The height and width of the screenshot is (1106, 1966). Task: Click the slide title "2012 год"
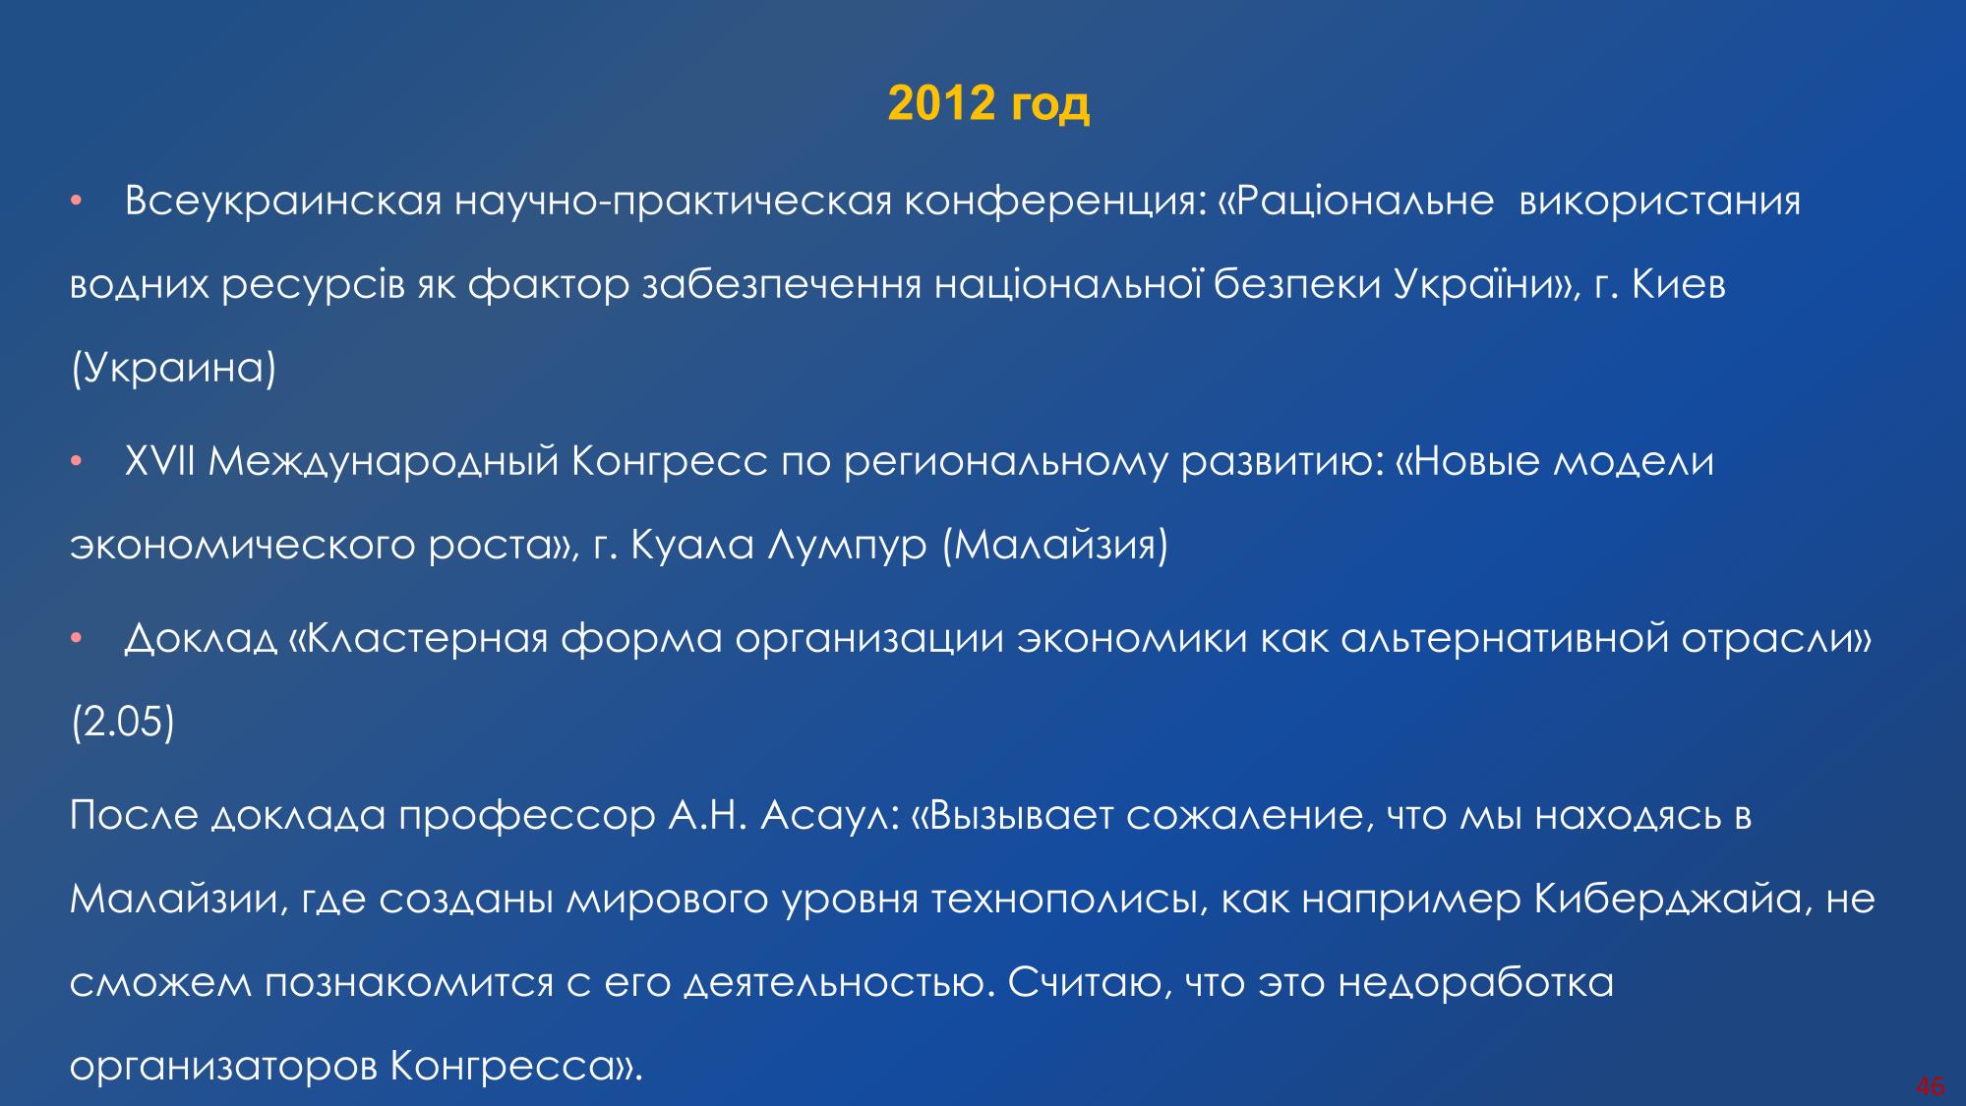(988, 103)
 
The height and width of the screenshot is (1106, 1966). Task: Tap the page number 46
(1931, 1086)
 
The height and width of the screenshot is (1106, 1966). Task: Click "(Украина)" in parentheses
(173, 370)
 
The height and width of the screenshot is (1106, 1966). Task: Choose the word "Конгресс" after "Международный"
(670, 463)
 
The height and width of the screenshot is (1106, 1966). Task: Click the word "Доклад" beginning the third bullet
(202, 640)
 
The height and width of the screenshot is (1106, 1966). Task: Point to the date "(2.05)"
(122, 723)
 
